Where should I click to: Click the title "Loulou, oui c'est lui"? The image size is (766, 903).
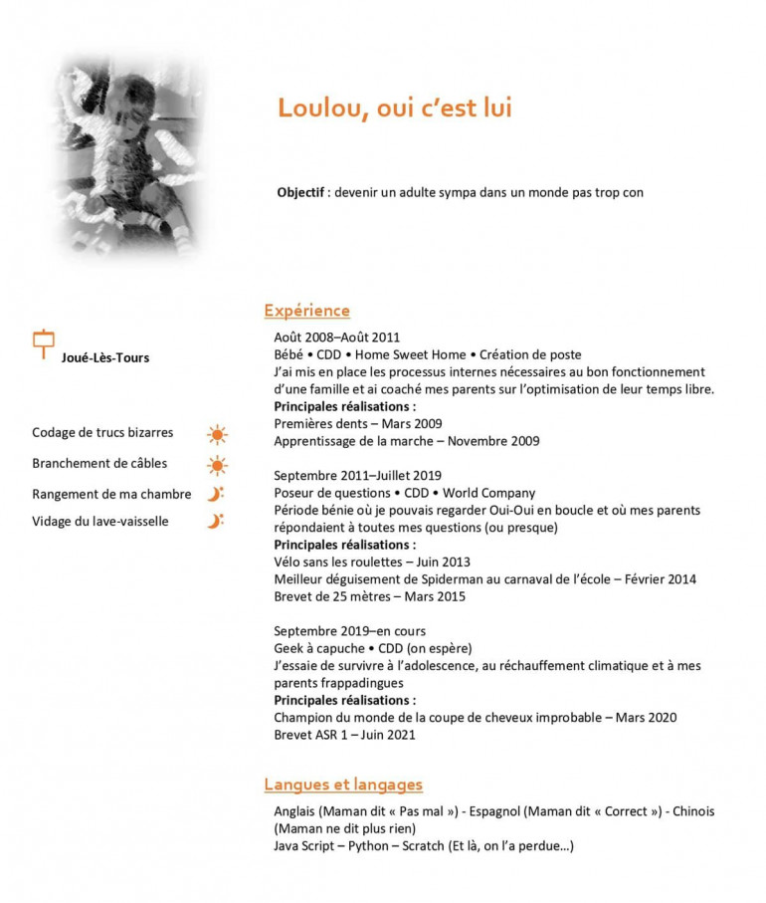pyautogui.click(x=394, y=108)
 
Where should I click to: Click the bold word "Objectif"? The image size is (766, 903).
pyautogui.click(x=301, y=192)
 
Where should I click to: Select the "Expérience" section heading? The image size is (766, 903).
pyautogui.click(x=306, y=311)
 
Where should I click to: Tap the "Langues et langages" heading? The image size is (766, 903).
pyautogui.click(x=343, y=785)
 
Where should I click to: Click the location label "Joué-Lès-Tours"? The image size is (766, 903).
pyautogui.click(x=105, y=357)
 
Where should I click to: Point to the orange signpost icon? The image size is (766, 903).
pyautogui.click(x=44, y=343)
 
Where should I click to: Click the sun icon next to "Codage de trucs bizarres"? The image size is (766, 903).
pyautogui.click(x=217, y=434)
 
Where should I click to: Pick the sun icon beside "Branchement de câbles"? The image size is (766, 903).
pyautogui.click(x=217, y=464)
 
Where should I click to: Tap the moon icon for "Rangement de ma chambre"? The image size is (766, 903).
pyautogui.click(x=215, y=494)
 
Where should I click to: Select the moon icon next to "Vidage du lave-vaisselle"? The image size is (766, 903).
pyautogui.click(x=215, y=521)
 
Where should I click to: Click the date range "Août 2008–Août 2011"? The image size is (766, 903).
pyautogui.click(x=336, y=338)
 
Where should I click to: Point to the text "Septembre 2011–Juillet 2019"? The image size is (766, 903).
pyautogui.click(x=357, y=475)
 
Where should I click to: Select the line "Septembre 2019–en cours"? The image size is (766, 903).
pyautogui.click(x=349, y=631)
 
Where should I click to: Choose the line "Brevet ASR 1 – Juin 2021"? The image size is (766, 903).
pyautogui.click(x=344, y=735)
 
